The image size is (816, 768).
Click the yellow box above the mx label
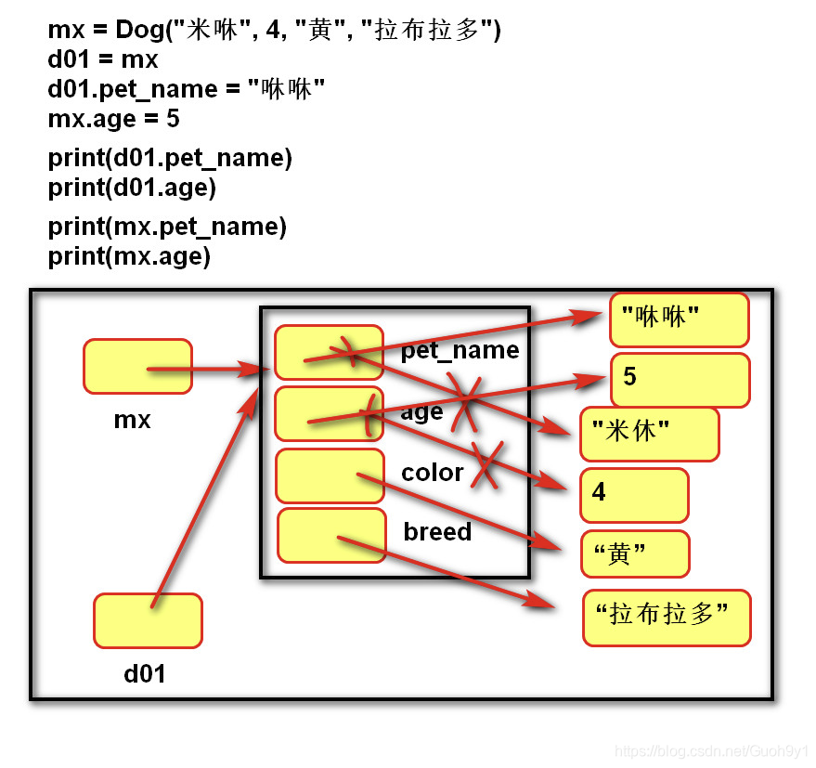click(137, 366)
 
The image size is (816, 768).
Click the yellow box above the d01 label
click(148, 620)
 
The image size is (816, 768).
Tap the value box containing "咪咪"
click(680, 319)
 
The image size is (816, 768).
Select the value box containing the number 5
click(680, 379)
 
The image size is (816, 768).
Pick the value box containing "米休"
click(649, 434)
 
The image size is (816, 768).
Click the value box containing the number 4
click(634, 494)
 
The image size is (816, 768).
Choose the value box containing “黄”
click(635, 553)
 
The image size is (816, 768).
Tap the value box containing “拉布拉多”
click(667, 617)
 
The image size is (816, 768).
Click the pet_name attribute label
click(460, 350)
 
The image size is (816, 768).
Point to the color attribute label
click(432, 473)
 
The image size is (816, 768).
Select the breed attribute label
click(437, 532)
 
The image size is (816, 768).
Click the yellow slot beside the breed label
click(331, 535)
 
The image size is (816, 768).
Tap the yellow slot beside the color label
click(330, 475)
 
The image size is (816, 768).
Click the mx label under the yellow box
click(132, 420)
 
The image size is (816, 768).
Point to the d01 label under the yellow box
click(145, 673)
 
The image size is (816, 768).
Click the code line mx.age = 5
click(113, 119)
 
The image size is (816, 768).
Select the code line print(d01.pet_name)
click(170, 159)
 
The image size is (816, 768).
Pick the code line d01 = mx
click(103, 60)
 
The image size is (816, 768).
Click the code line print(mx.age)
click(129, 256)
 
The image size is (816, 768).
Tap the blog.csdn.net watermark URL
click(711, 750)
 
